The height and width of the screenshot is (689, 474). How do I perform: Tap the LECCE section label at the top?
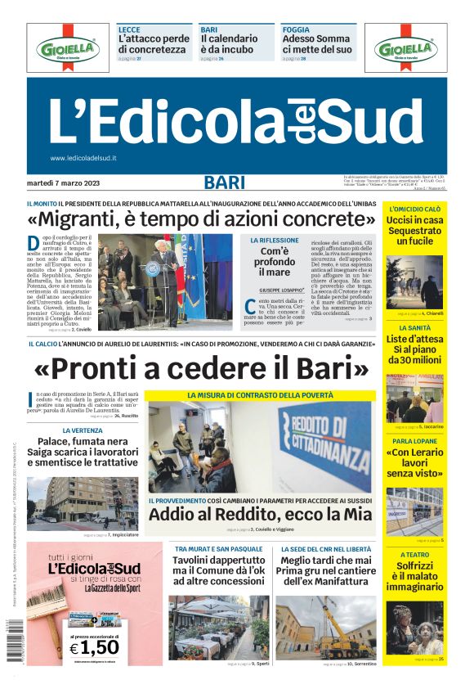coord(129,29)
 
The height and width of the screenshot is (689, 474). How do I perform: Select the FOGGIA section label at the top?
coord(296,29)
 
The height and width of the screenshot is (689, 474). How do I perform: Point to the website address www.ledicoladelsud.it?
coord(83,158)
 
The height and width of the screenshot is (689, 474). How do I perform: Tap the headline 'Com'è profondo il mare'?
coord(275,262)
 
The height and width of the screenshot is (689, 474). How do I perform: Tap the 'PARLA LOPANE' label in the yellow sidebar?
coord(414,440)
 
